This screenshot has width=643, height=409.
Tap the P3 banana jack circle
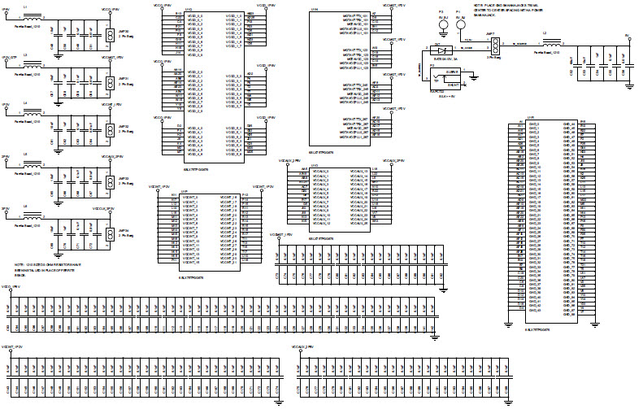point(443,24)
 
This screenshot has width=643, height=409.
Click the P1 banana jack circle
point(461,24)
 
